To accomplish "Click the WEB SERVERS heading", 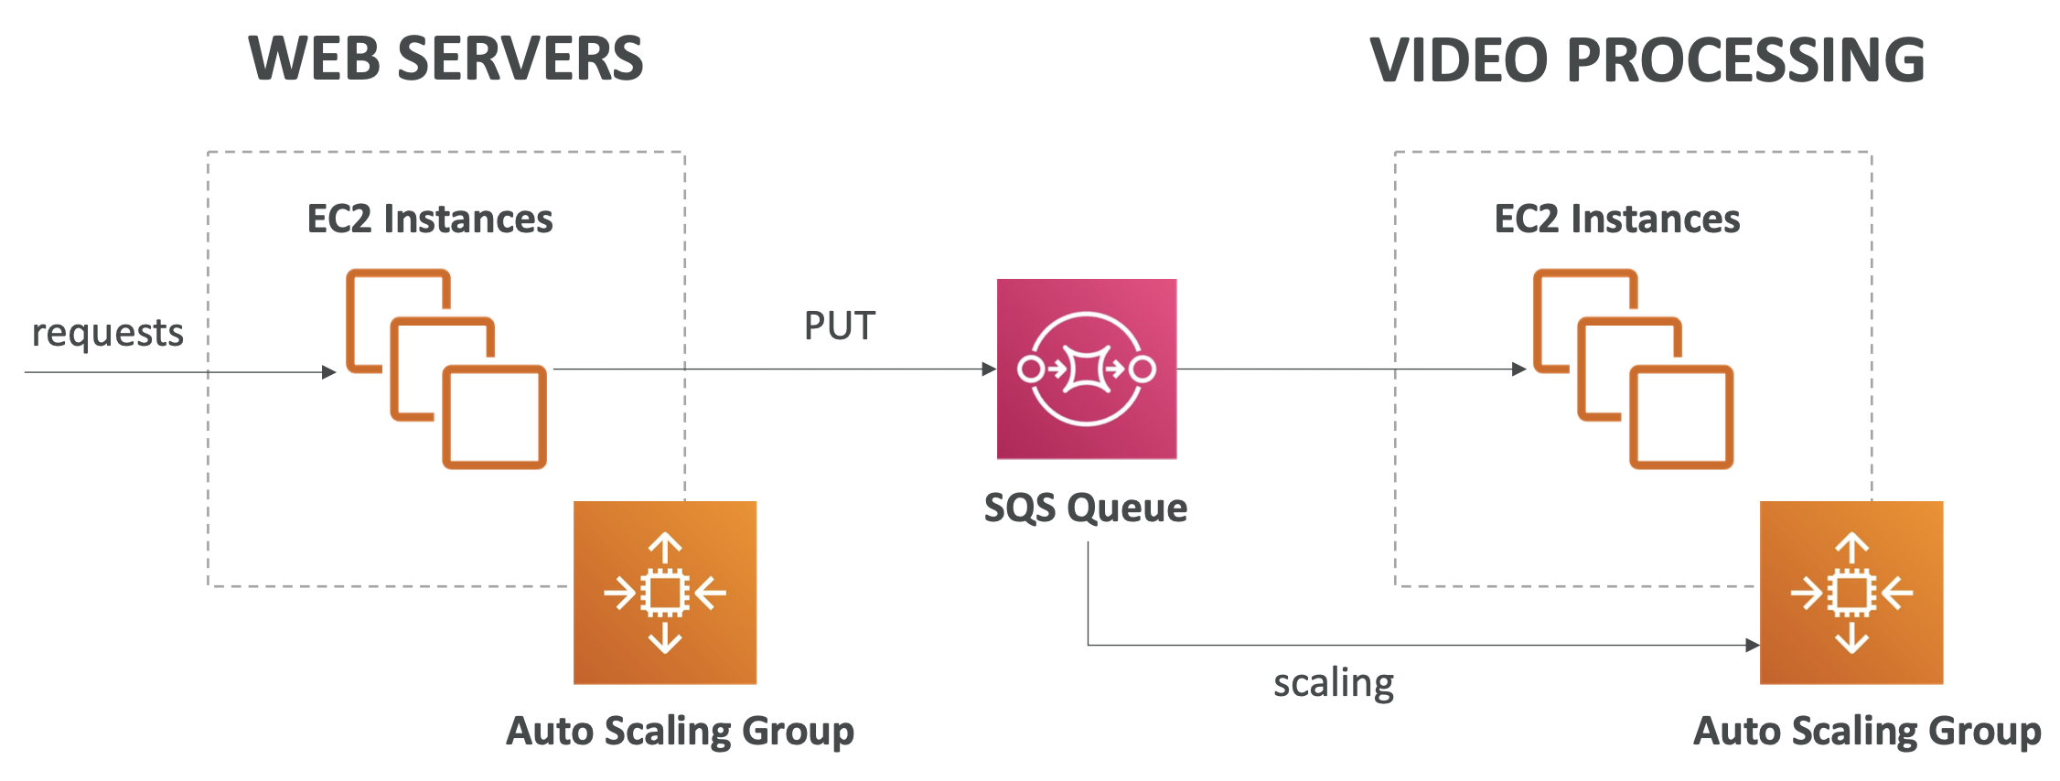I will [446, 59].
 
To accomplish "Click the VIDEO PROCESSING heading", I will [1647, 60].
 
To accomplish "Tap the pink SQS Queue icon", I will [1086, 369].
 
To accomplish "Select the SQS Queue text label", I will [1086, 508].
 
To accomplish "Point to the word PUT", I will [840, 326].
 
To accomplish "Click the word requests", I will [108, 333].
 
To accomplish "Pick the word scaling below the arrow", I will [1334, 683].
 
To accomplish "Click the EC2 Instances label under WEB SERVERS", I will [430, 219].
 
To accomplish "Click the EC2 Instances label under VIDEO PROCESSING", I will [1617, 219].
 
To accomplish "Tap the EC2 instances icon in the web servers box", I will [445, 369].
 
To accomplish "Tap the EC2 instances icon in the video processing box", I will [1633, 369].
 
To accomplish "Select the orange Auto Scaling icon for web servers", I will [665, 593].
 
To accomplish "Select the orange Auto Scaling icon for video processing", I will [1851, 593].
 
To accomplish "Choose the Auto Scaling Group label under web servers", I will [681, 732].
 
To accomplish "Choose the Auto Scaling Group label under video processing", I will [1867, 732].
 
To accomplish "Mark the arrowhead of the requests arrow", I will [329, 372].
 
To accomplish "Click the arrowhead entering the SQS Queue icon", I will [989, 369].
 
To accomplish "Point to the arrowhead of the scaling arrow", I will [1753, 646].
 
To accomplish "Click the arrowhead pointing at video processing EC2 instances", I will [1519, 369].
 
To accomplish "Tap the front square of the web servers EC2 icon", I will [495, 417].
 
